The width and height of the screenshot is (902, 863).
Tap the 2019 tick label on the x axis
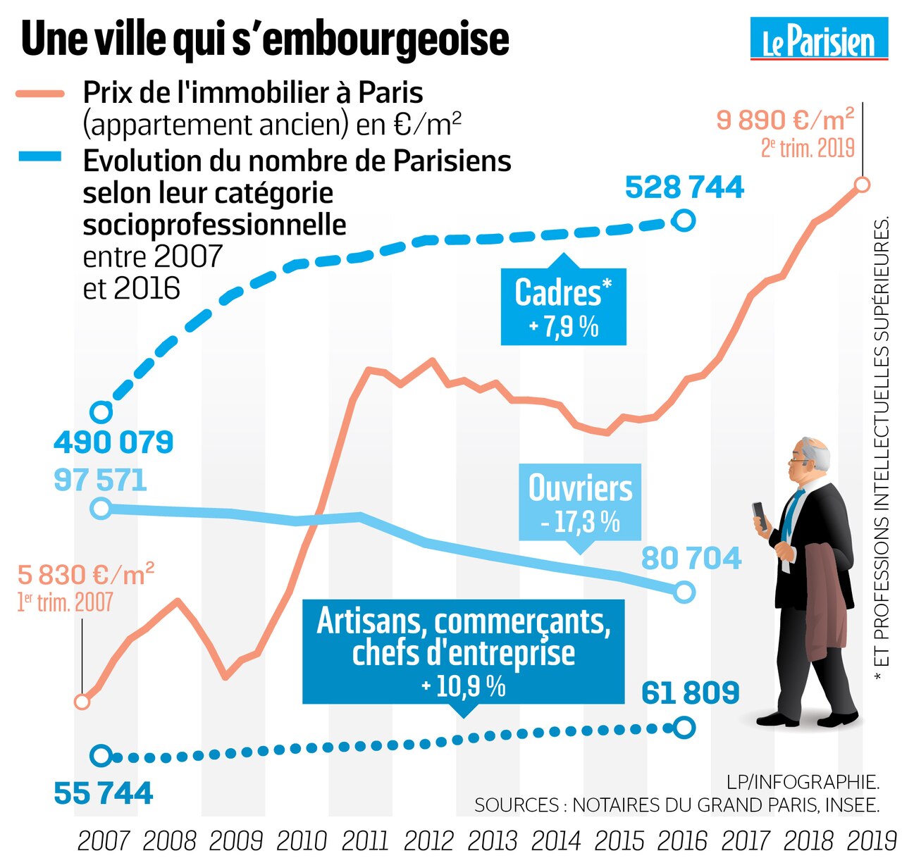pos(871,840)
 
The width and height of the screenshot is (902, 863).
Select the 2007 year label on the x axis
pos(104,840)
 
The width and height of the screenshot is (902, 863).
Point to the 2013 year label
pos(493,840)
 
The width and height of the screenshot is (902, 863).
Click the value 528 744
pos(684,187)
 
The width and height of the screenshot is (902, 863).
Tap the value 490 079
pos(113,442)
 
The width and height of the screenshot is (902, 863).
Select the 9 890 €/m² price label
pos(785,120)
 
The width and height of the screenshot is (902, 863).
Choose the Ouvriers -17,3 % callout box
pos(580,502)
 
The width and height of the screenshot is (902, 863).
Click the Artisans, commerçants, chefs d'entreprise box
pos(463,652)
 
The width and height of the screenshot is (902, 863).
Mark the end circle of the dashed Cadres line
pos(684,221)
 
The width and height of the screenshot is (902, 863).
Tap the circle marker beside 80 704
pos(684,592)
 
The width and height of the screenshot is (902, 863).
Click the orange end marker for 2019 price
pos(861,185)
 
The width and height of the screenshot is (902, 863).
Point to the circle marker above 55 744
pos(101,756)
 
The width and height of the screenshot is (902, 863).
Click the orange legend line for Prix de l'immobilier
pos(40,93)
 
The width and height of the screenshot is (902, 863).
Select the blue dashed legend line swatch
pos(40,158)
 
